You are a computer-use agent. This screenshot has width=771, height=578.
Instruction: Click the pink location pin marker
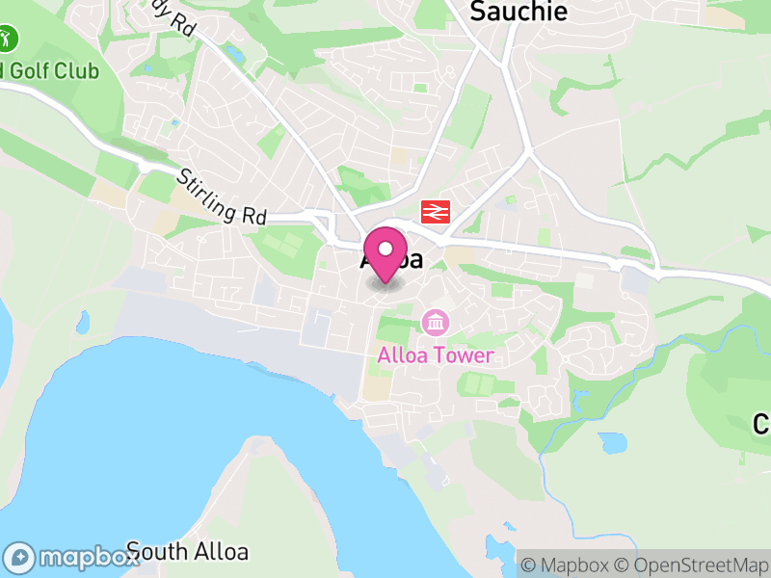(x=386, y=253)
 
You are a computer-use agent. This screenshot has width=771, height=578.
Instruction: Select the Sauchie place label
(x=518, y=12)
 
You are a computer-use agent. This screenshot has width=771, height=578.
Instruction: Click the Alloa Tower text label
(x=436, y=355)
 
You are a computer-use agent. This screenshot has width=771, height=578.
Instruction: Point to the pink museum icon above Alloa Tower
(x=435, y=321)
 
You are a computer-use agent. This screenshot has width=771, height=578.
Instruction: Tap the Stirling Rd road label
(x=222, y=197)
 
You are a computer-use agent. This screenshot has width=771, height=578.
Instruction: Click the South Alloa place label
(x=187, y=552)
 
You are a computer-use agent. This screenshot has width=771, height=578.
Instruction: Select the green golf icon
(x=10, y=39)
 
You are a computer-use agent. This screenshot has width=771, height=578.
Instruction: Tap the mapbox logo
(x=72, y=557)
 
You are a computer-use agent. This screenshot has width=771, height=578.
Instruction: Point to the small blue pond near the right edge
(x=611, y=443)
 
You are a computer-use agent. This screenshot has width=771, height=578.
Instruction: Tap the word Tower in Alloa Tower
(x=465, y=355)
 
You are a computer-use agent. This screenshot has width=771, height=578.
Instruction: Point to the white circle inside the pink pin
(x=386, y=248)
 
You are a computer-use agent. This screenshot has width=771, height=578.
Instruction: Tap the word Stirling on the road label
(x=208, y=190)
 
